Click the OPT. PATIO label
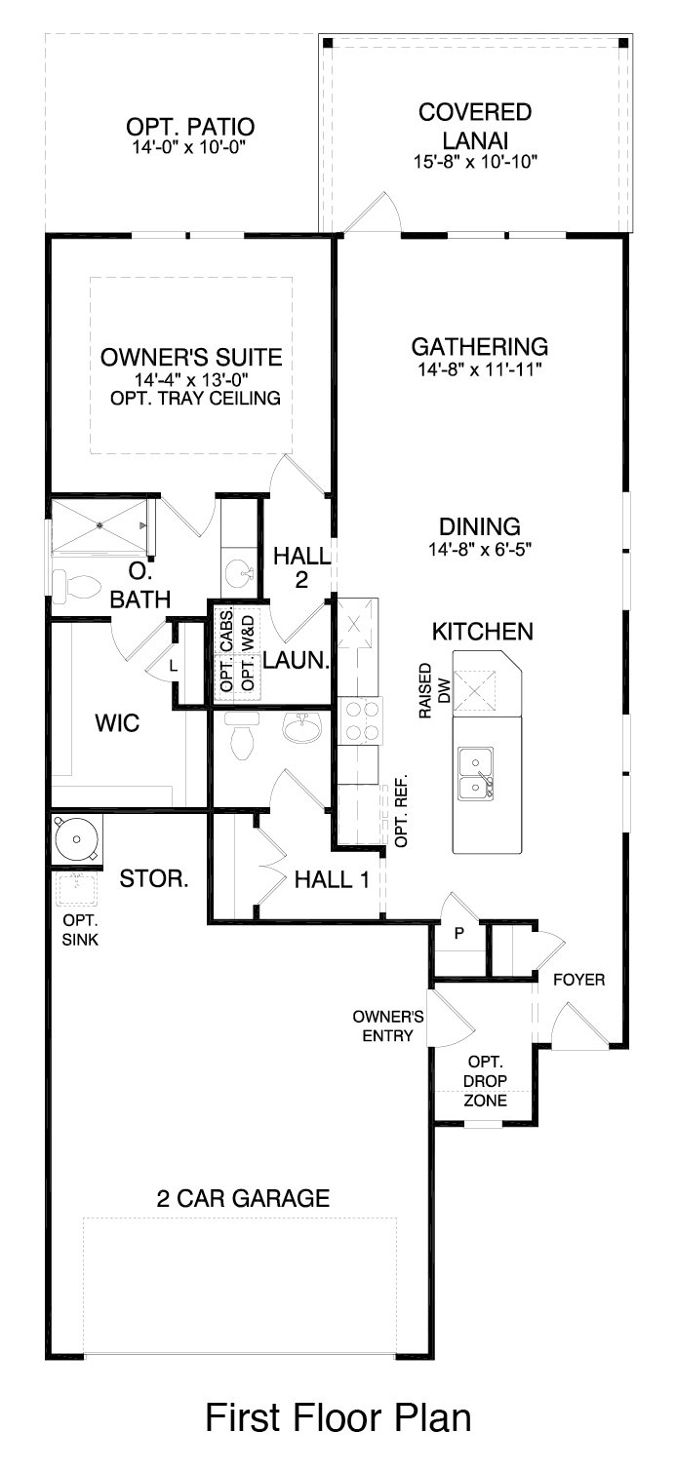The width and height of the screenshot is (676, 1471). click(190, 126)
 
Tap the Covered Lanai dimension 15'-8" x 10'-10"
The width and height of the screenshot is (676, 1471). click(476, 162)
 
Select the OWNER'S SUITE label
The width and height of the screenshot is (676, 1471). click(191, 357)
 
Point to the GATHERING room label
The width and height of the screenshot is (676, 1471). click(480, 346)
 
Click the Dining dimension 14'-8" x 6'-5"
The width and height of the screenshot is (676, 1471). click(480, 549)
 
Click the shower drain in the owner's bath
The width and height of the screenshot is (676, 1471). click(99, 524)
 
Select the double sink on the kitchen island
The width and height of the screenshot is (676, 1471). click(476, 773)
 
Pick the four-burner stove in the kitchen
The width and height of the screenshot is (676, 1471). click(360, 720)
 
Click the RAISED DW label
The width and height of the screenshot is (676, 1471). click(435, 691)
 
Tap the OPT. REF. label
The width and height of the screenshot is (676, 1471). click(401, 810)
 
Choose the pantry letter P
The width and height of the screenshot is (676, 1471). click(459, 933)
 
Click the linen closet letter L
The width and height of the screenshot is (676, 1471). click(174, 666)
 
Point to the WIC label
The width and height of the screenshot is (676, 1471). click(117, 723)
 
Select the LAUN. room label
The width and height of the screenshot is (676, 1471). click(297, 661)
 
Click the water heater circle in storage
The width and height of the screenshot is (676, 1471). click(77, 838)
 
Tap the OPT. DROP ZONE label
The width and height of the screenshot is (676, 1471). click(486, 1081)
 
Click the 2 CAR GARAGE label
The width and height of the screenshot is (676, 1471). click(243, 1198)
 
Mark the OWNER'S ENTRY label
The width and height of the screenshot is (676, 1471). click(388, 1026)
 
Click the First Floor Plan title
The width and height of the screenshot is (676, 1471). click(338, 1417)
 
